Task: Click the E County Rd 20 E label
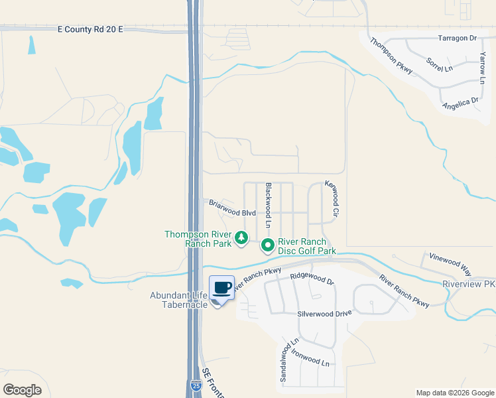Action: point(91,29)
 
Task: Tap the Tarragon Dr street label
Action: point(457,38)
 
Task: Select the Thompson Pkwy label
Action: point(392,56)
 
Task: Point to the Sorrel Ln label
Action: point(439,65)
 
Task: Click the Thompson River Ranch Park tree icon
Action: point(241,237)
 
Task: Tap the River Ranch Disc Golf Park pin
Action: point(268,245)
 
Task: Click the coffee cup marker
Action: point(221,289)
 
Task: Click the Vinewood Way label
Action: point(450,263)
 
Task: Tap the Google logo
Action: point(22,389)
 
